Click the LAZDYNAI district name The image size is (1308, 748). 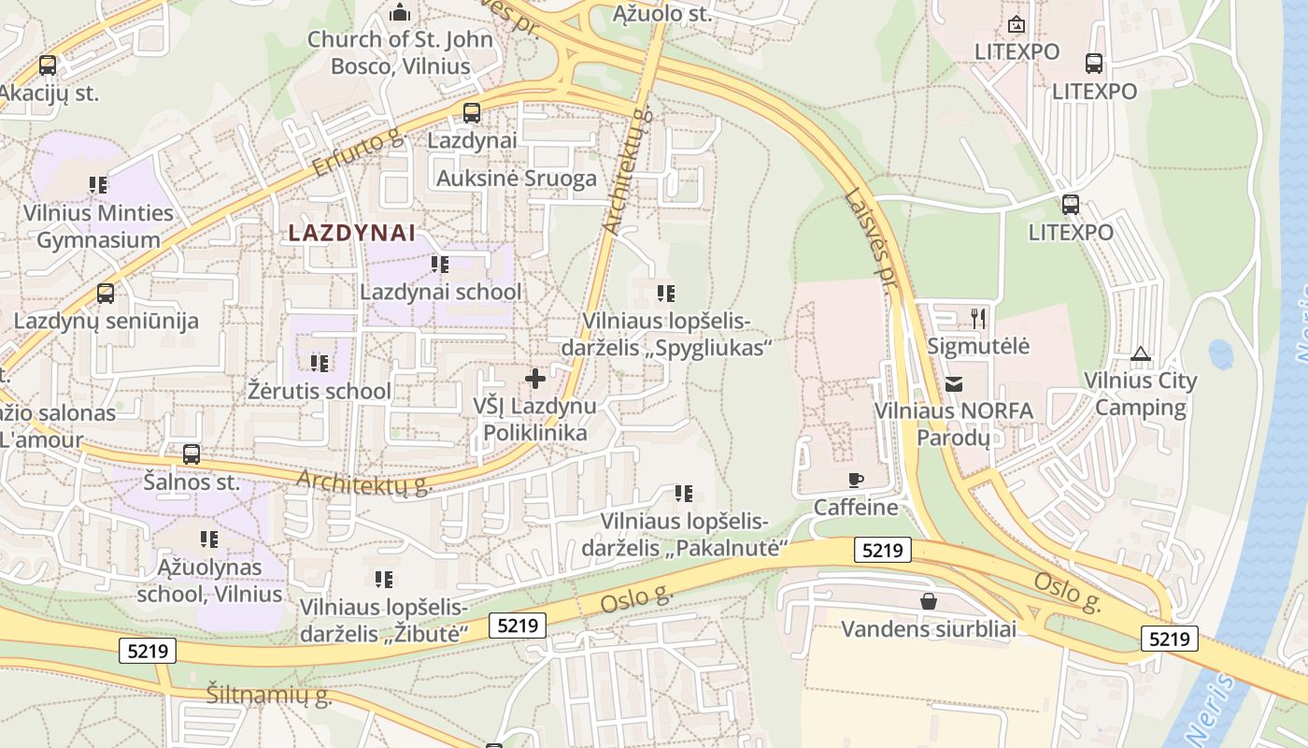tap(352, 233)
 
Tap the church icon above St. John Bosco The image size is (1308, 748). tap(400, 13)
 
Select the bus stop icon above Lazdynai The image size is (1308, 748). tap(472, 113)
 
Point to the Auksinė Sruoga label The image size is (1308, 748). tap(517, 179)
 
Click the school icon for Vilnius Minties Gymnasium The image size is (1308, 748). tap(98, 185)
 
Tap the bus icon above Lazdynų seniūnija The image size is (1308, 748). tap(106, 294)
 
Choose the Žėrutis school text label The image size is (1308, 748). tap(320, 390)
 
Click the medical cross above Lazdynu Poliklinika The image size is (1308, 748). tap(535, 379)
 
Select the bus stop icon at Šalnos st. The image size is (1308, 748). tap(192, 454)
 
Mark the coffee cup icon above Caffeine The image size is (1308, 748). tap(855, 481)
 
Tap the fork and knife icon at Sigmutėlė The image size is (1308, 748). tap(978, 319)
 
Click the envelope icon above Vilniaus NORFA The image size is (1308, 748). tap(953, 383)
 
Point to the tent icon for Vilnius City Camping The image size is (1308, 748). tap(1140, 354)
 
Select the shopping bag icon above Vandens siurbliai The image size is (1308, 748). tap(928, 601)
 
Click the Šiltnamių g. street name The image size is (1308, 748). tap(269, 696)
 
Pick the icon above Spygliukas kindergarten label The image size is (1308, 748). tap(666, 294)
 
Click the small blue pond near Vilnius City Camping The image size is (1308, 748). tap(1220, 354)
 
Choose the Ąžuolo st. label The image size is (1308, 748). tap(662, 14)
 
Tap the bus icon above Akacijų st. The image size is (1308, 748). tap(48, 65)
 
